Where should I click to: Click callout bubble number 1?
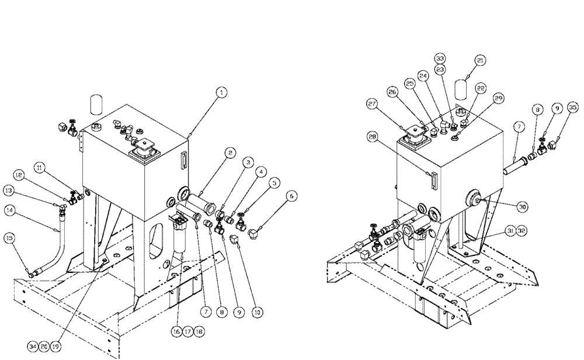pos(223,92)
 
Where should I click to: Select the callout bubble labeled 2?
pos(231,154)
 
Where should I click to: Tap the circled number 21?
pos(480,60)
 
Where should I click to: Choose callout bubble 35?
pos(572,107)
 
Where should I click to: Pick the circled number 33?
pos(440,58)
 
